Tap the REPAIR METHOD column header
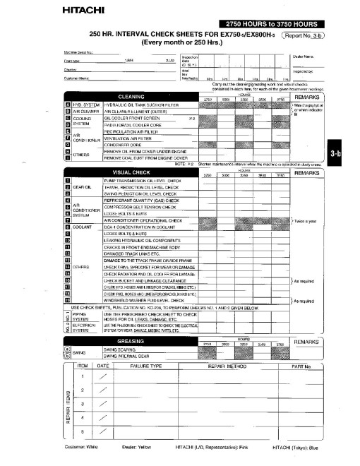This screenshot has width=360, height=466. click(x=230, y=366)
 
